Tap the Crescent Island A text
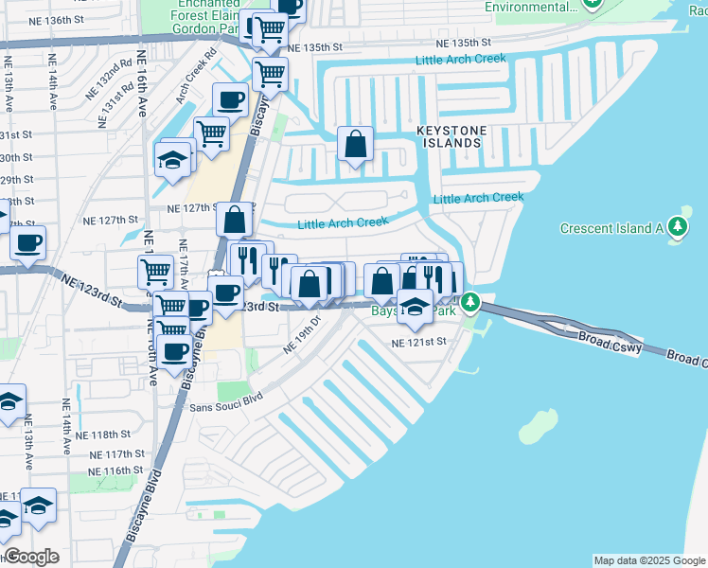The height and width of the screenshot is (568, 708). pyautogui.click(x=611, y=228)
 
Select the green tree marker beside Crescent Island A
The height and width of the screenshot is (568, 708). pyautogui.click(x=677, y=227)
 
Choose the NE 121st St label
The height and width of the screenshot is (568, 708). pyautogui.click(x=419, y=343)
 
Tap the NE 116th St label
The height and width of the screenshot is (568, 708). pyautogui.click(x=118, y=470)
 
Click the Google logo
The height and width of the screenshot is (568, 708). pyautogui.click(x=31, y=557)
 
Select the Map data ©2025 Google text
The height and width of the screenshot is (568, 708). pyautogui.click(x=648, y=560)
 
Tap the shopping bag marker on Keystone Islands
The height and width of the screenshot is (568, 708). pyautogui.click(x=355, y=146)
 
